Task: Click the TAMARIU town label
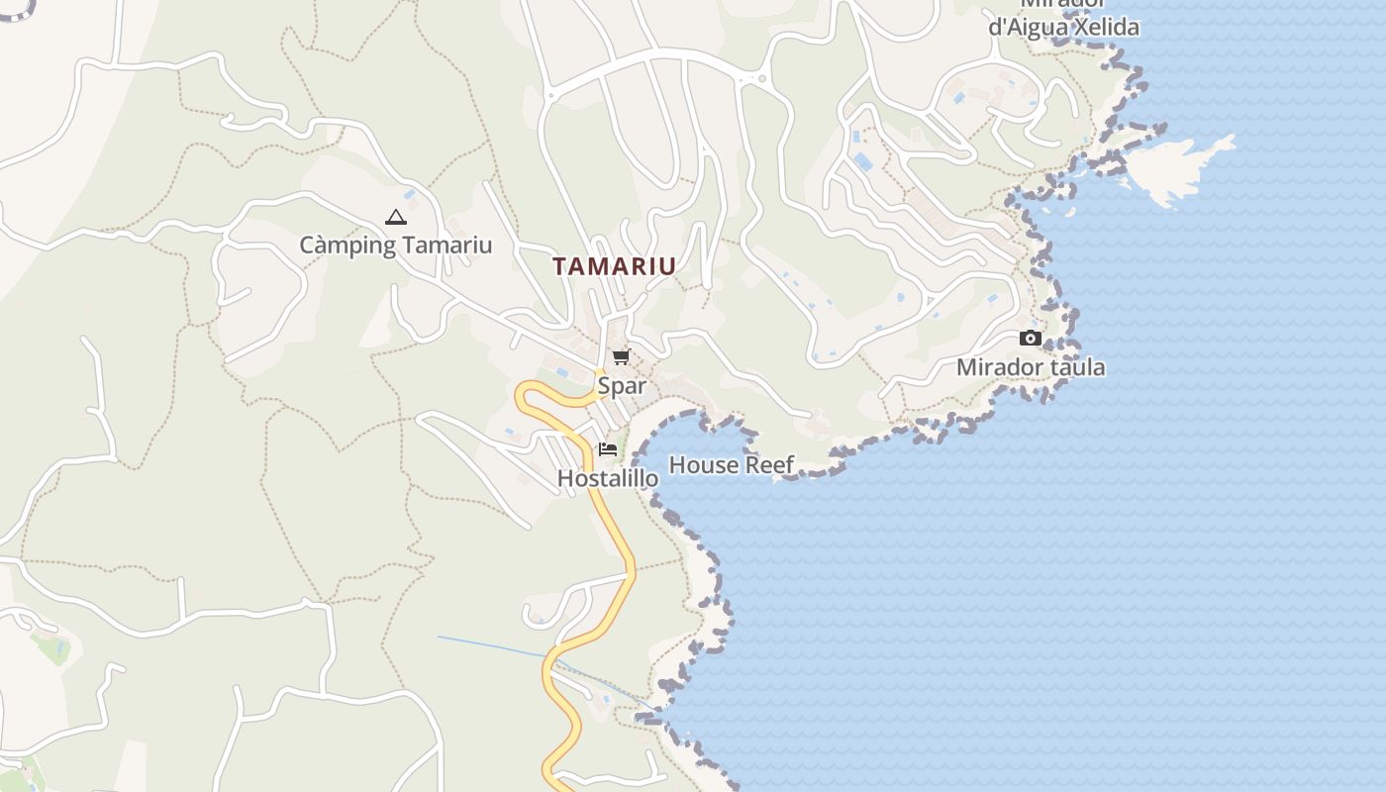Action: (614, 266)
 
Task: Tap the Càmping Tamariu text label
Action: (395, 246)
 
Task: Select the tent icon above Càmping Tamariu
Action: (396, 218)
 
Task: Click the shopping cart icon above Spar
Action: (621, 357)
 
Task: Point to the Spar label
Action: (621, 386)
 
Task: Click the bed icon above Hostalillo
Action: (608, 449)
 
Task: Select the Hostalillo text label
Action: (608, 478)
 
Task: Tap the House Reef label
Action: (732, 465)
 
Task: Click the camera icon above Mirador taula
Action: (1031, 339)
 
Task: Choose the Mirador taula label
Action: (1031, 367)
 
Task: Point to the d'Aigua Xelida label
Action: (1063, 28)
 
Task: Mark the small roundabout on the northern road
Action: (760, 79)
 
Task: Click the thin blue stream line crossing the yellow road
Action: (495, 645)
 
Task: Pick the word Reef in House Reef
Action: (770, 465)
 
